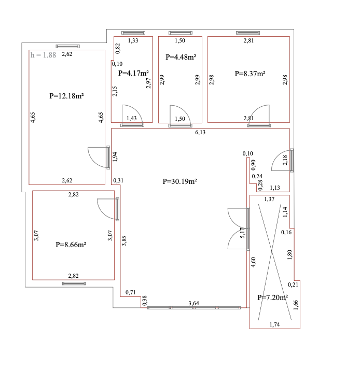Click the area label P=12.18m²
(x=66, y=96)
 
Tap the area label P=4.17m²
(x=133, y=73)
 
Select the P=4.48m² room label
(x=181, y=57)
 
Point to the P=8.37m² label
(x=250, y=74)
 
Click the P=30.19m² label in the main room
(x=180, y=181)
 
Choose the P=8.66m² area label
(x=71, y=245)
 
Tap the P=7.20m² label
(x=273, y=297)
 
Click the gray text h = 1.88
(x=43, y=55)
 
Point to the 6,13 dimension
(x=200, y=132)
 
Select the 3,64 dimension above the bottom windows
(x=193, y=303)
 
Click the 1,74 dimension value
(x=275, y=324)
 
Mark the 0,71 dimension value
(x=131, y=292)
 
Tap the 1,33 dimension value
(x=133, y=40)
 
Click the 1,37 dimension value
(x=269, y=199)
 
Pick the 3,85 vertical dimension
(x=124, y=240)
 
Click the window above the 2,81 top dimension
(x=248, y=33)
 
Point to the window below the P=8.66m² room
(x=74, y=283)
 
